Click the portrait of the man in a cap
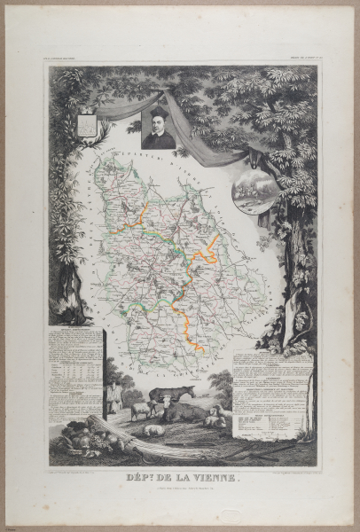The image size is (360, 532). pyautogui.click(x=159, y=129)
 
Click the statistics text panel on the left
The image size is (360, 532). pyautogui.click(x=74, y=372)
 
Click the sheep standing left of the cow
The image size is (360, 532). pyautogui.click(x=140, y=411)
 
